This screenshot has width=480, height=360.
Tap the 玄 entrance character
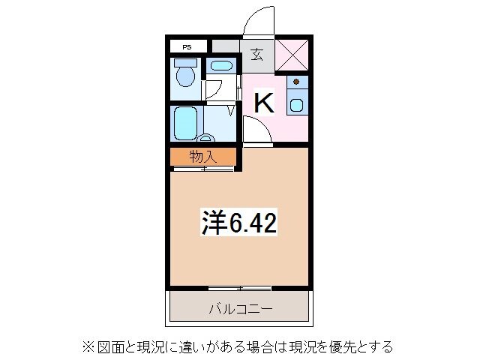click(x=256, y=54)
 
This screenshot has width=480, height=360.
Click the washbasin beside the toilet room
click(x=220, y=65)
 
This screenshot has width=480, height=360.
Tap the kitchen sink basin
click(x=297, y=105)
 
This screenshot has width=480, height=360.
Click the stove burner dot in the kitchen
click(x=297, y=81)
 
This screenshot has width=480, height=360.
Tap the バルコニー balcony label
click(x=239, y=308)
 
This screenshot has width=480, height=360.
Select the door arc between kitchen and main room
click(x=255, y=129)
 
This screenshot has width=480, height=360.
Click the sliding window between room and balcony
click(x=239, y=288)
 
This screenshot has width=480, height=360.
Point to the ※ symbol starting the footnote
click(x=87, y=346)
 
